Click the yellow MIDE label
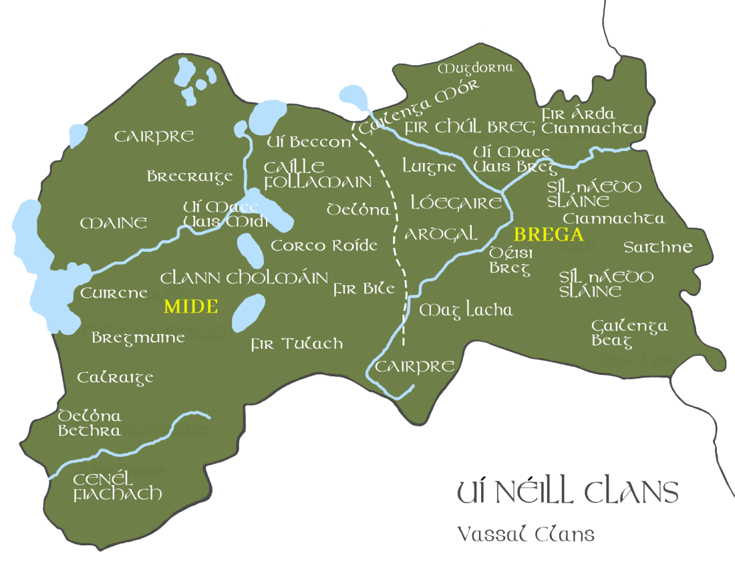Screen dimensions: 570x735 point(191,307)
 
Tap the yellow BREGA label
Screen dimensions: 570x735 point(548,235)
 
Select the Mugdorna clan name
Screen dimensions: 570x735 point(475,68)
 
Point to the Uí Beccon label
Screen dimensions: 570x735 point(308,142)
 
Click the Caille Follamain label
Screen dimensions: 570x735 point(317,174)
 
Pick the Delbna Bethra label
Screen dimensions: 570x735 point(90,423)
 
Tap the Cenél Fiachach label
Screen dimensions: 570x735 point(118,487)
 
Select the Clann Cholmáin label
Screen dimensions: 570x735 point(244,278)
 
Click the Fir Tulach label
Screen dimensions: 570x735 point(297,344)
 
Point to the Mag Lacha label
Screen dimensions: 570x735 point(466,310)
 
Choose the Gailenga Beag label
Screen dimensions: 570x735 point(629,333)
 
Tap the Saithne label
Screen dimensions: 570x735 point(657,247)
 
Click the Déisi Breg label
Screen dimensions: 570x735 point(510,261)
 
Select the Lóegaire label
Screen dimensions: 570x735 point(456,202)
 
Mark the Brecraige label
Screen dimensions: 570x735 point(190,177)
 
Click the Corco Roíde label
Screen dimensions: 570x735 point(324,246)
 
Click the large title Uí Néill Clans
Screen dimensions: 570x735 point(567,492)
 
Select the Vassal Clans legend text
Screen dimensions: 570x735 point(525,534)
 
